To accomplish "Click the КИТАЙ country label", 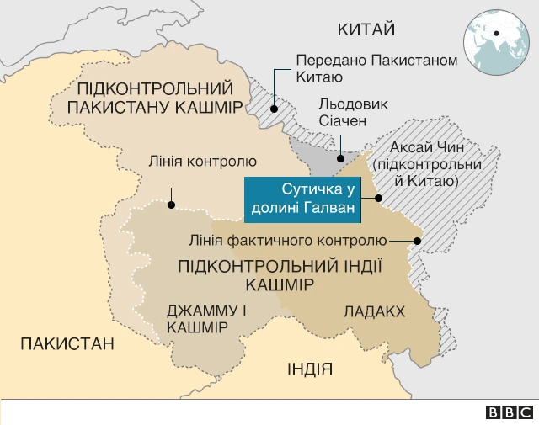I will coord(366,30).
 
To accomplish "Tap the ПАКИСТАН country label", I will coord(67,343).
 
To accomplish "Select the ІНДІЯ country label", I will coord(309,369).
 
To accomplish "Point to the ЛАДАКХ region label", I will coord(374,311).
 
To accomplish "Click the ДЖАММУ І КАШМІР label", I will coord(206,318).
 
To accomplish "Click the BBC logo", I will coord(510,412).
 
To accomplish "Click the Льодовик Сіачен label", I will coord(343,113).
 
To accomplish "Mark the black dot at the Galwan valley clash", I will coord(378,199).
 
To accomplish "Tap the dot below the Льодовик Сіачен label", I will coord(340,157).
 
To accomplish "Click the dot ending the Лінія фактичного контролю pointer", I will coord(419,240).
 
